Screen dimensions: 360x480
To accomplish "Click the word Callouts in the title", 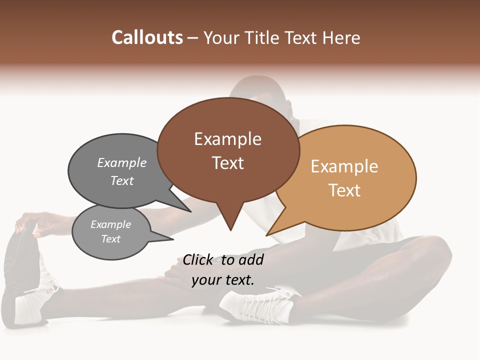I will (x=147, y=37).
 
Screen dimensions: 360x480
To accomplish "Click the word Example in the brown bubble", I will (x=227, y=139).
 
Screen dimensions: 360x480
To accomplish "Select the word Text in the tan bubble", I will (x=344, y=190).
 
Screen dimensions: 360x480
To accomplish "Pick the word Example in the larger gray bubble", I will (x=122, y=162).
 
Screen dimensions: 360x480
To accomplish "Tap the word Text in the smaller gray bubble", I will (x=110, y=239).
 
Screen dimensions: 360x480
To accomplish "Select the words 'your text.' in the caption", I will (x=223, y=280).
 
